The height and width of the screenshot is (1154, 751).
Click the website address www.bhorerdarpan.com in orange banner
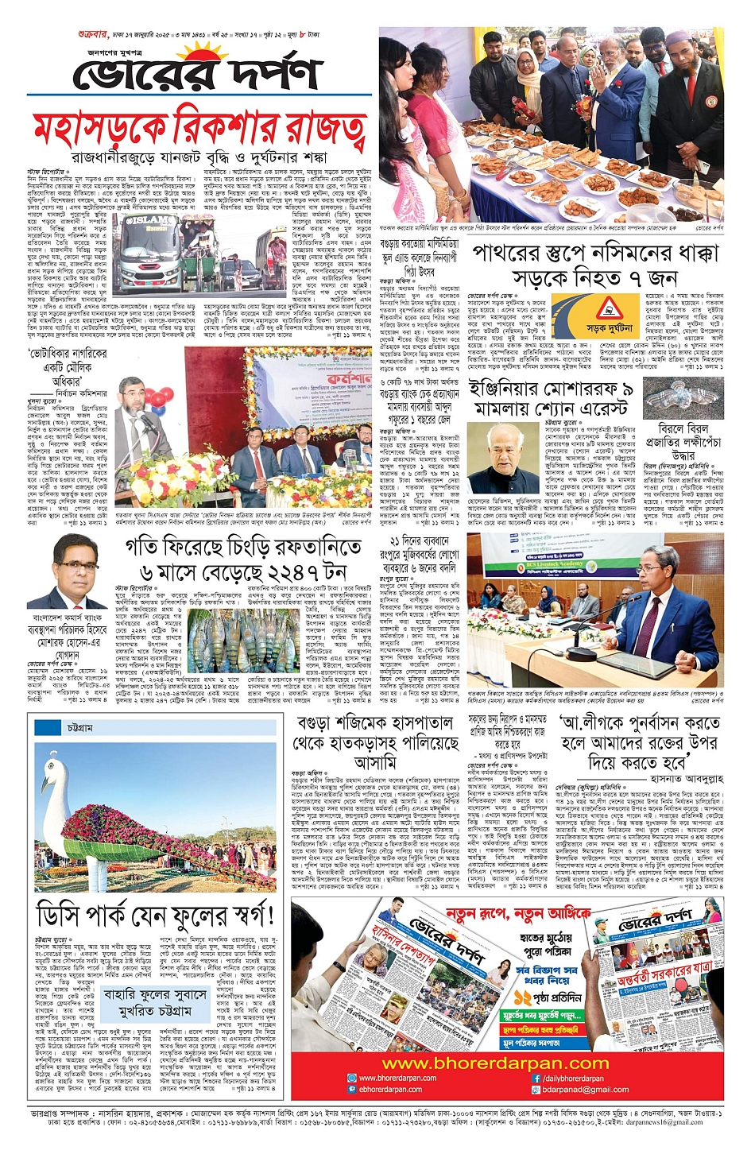point(505,1063)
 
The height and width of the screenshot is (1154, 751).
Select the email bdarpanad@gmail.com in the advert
point(585,1090)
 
